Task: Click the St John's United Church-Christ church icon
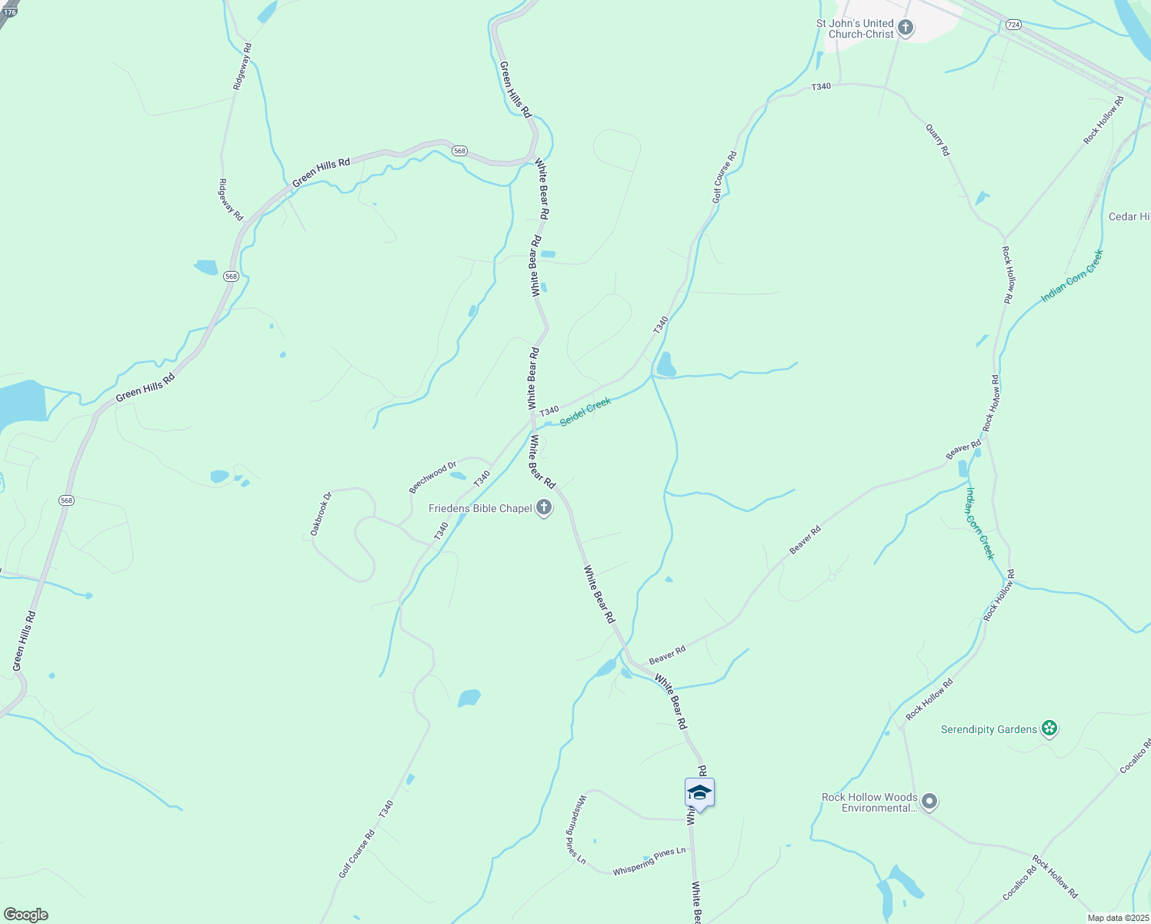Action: [x=906, y=29]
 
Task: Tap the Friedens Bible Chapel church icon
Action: [x=544, y=508]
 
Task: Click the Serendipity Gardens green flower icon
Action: [x=1048, y=728]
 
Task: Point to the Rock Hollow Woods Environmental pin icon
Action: [x=929, y=802]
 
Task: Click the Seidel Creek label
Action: [x=586, y=411]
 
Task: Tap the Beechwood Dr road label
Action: [x=432, y=477]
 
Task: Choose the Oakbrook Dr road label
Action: [x=321, y=514]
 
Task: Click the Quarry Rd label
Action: [x=938, y=142]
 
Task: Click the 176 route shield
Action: [x=9, y=12]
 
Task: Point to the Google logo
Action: [x=25, y=915]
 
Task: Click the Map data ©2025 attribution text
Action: [x=1117, y=918]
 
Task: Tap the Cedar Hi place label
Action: [x=1129, y=216]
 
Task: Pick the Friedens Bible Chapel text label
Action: [x=480, y=508]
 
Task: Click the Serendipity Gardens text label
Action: [x=989, y=729]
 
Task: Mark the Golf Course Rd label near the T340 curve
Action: [x=725, y=177]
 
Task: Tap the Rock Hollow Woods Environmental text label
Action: [x=869, y=802]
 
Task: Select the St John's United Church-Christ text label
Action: [x=855, y=28]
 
